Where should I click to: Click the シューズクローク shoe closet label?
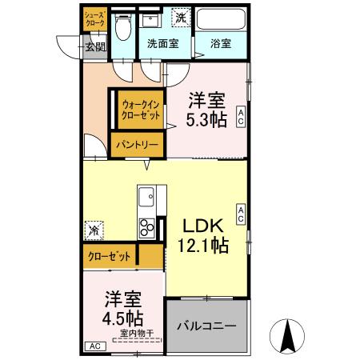pos(94,20)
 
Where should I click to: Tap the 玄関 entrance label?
pos(95,46)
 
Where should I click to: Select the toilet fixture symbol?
pos(122,30)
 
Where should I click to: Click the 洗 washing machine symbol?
pos(180,17)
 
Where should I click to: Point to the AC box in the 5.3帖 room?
pos(240,118)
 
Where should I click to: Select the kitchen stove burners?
pos(147,227)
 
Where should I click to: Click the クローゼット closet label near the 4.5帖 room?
pos(110,256)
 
